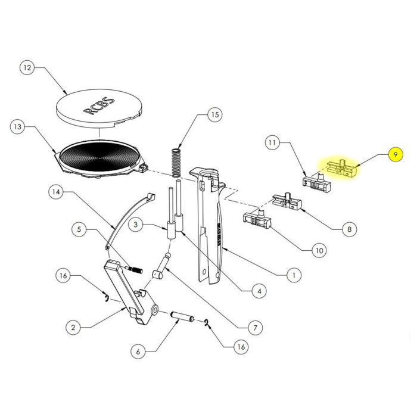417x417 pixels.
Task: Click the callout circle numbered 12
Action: (x=26, y=68)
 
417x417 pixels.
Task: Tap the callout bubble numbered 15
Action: (x=214, y=114)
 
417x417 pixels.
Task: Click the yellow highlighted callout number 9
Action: (x=394, y=154)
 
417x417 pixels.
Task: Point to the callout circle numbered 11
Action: (x=272, y=143)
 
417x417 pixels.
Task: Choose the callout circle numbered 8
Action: (x=349, y=228)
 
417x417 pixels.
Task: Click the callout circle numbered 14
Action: (x=55, y=192)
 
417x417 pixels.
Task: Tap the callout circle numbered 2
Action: (x=72, y=327)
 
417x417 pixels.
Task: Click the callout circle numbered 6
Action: (x=138, y=351)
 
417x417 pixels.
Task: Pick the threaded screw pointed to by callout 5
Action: (x=135, y=270)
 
